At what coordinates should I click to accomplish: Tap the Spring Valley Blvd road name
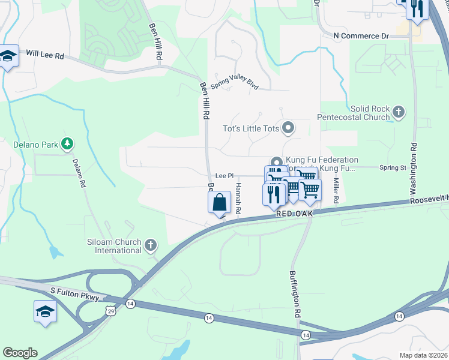point(234,82)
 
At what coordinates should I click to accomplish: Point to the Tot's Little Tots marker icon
point(289,127)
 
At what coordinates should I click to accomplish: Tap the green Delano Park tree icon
point(68,144)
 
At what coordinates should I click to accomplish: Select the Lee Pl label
point(224,176)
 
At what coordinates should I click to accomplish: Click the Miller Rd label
point(336,190)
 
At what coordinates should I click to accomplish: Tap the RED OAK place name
point(296,214)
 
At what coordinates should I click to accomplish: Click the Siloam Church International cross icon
point(151,245)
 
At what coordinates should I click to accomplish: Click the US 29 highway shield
point(110,308)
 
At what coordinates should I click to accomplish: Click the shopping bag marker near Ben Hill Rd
point(220,202)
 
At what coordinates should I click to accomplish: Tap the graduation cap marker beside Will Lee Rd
point(8,56)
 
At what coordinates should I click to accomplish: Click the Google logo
point(20,353)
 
